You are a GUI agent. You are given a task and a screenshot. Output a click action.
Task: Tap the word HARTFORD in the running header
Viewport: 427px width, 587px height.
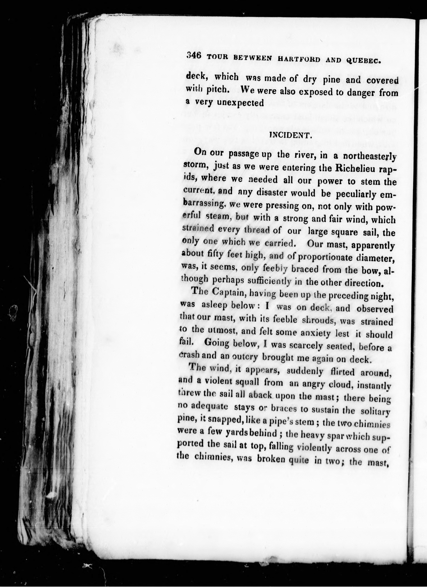299,59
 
